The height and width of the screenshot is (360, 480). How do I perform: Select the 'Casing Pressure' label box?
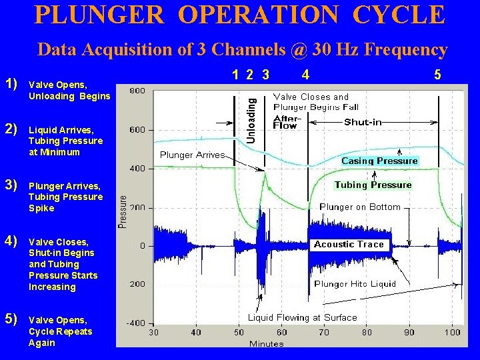click(379, 161)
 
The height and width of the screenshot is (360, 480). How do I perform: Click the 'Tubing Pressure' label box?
click(373, 185)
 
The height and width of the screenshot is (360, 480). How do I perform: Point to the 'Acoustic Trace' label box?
click(349, 244)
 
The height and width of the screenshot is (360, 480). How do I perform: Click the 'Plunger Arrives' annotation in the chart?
click(193, 155)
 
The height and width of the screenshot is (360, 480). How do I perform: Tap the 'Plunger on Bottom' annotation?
click(360, 207)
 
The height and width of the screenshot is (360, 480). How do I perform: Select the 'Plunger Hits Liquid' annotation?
click(355, 283)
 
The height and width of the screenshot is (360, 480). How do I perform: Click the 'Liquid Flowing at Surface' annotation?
click(303, 317)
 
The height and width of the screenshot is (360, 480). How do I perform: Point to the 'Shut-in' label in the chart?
click(364, 122)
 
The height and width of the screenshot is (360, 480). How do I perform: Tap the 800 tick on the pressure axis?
click(138, 91)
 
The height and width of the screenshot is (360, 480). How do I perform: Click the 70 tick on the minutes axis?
click(324, 332)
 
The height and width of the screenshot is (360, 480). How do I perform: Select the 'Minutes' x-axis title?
click(267, 343)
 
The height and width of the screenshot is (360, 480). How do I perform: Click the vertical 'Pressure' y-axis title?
click(123, 211)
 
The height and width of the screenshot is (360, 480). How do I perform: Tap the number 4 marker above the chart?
click(305, 75)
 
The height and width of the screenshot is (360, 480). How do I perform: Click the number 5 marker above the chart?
click(437, 75)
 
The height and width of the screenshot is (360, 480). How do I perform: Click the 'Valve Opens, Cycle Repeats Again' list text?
click(61, 331)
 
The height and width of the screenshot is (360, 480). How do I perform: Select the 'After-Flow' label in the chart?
click(285, 122)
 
